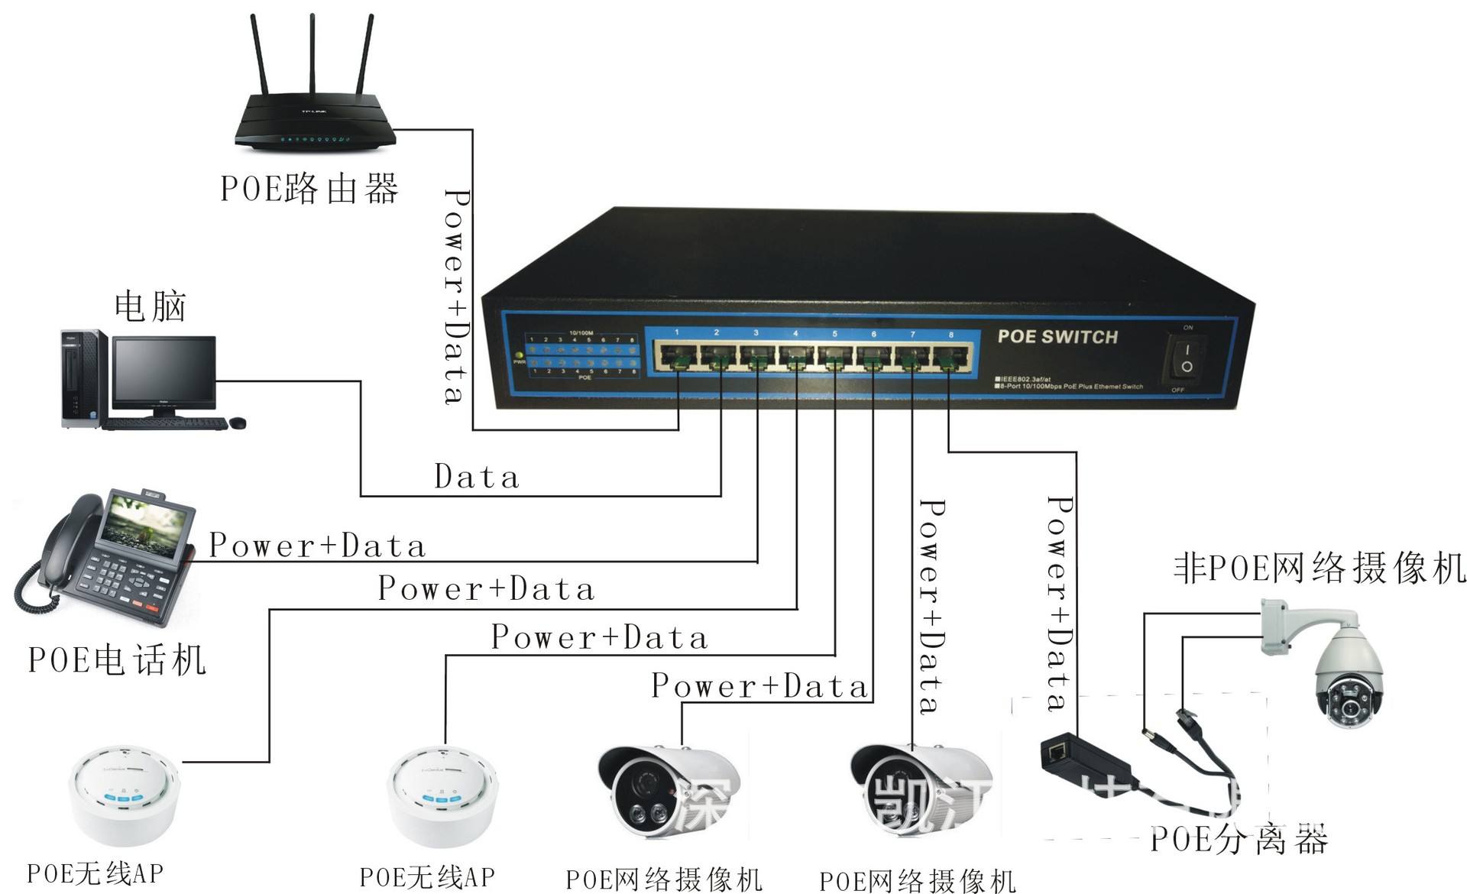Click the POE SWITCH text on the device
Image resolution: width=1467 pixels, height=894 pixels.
point(1057,337)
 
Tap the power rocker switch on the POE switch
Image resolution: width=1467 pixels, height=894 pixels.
point(1186,358)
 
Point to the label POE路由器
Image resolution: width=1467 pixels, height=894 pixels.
point(309,188)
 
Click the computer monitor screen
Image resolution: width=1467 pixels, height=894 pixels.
point(164,372)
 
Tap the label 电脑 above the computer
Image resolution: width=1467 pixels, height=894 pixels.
point(150,306)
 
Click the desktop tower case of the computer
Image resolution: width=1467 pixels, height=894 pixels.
point(81,378)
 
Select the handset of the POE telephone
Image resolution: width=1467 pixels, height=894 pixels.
point(65,539)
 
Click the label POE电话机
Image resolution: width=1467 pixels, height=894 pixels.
point(116,660)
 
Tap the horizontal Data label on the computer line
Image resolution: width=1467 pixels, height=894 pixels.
point(477,477)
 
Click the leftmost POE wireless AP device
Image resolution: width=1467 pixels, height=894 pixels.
point(125,796)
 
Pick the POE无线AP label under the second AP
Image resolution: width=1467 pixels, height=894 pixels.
point(427,876)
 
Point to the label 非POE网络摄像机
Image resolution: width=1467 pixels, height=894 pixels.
point(1319,568)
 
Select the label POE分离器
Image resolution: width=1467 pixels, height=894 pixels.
point(1239,840)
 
